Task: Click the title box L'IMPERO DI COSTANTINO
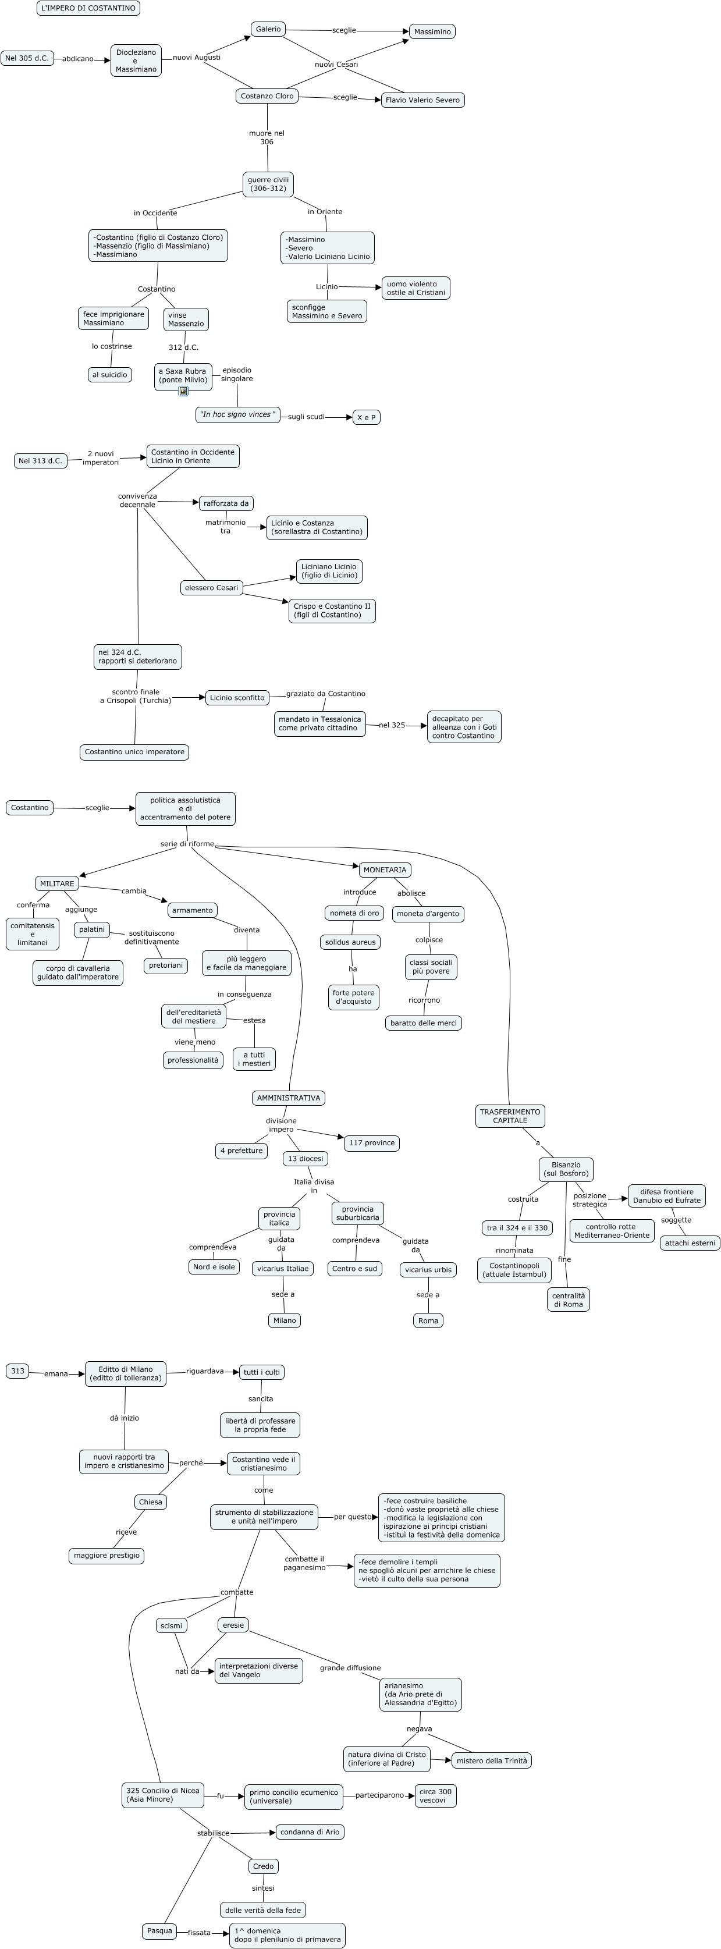pos(88,8)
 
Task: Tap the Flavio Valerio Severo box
pos(422,100)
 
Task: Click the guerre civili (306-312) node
pos(268,184)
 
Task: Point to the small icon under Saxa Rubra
pos(183,391)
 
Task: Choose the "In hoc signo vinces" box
pos(237,414)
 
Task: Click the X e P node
pos(366,418)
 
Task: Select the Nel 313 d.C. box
pos(40,461)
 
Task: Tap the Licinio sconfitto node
pos(237,698)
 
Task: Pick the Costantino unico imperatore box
pos(134,752)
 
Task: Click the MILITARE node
pos(57,883)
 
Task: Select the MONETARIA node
pos(384,870)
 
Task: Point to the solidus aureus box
pos(350,942)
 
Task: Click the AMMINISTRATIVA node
pos(288,1098)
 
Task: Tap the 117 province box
pos(371,1142)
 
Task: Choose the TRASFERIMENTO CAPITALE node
pos(510,1116)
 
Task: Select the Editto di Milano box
pos(125,1373)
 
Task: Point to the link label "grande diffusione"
pos(350,1667)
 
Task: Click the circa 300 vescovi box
pos(435,1795)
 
